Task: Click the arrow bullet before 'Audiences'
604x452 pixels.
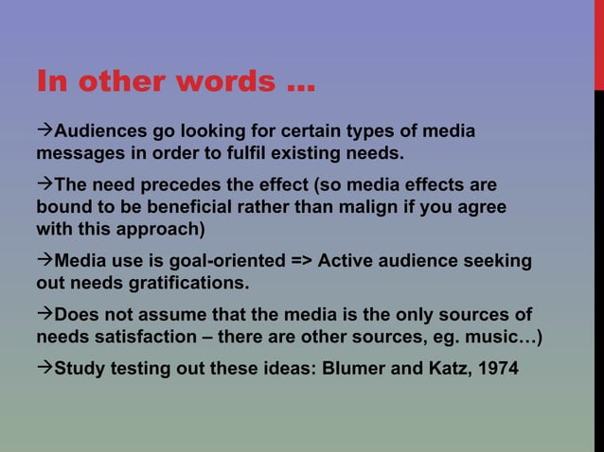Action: tap(44, 130)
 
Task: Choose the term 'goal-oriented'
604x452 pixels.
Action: tap(201, 259)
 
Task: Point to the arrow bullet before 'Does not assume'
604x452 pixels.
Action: tap(44, 313)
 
